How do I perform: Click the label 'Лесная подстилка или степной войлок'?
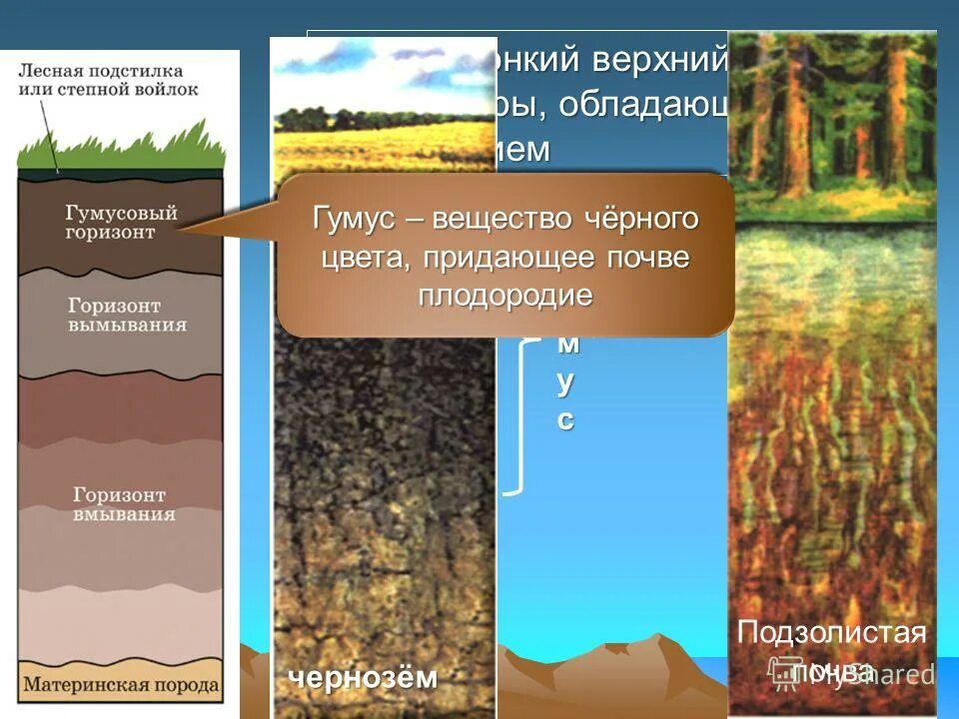point(108,80)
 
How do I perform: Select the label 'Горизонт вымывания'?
point(127,315)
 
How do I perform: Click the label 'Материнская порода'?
point(121,686)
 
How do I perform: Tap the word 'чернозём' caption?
point(364,678)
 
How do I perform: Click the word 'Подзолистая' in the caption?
point(831,632)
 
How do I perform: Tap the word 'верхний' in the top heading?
point(660,61)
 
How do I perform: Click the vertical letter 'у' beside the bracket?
point(566,382)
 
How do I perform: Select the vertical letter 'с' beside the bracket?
point(566,420)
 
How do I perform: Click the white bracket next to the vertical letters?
point(517,419)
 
